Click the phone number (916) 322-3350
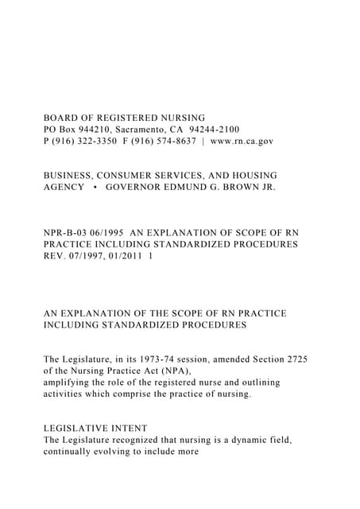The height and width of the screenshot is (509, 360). (x=87, y=142)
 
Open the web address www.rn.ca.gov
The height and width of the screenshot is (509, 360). (x=242, y=142)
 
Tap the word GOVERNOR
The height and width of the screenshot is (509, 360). (x=135, y=187)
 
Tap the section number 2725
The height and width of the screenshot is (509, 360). (x=294, y=359)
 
